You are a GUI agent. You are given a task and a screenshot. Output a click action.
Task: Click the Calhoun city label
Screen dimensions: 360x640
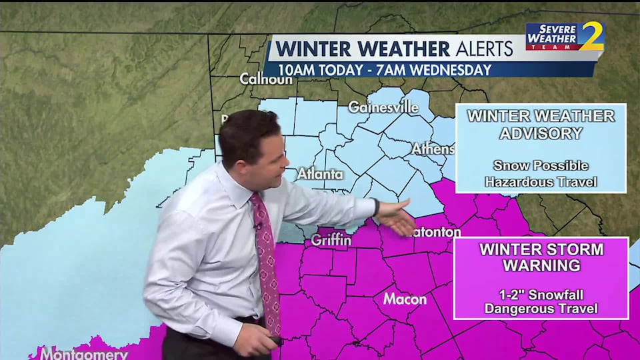266,79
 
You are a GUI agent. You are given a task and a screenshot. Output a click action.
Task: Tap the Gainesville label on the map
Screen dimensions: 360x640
383,107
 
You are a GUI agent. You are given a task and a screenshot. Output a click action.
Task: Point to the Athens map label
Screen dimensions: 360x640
432,149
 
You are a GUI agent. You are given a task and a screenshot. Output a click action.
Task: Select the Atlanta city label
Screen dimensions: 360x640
320,175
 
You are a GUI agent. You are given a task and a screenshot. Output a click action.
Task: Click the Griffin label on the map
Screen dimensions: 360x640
331,240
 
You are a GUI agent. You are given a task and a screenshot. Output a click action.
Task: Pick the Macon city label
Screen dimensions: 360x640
405,299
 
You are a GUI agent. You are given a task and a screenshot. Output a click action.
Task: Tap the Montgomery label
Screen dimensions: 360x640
83,353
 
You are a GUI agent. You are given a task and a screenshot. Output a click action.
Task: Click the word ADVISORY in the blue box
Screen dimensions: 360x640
541,133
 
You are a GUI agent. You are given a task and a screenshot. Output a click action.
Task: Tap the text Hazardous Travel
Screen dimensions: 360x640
541,181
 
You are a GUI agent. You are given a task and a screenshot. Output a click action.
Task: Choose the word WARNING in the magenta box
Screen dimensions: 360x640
541,266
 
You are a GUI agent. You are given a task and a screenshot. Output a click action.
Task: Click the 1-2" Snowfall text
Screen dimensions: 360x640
541,294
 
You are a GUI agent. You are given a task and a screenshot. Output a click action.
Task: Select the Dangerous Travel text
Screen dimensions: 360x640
541,309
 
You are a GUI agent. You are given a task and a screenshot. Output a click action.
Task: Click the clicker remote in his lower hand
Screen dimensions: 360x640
273,341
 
